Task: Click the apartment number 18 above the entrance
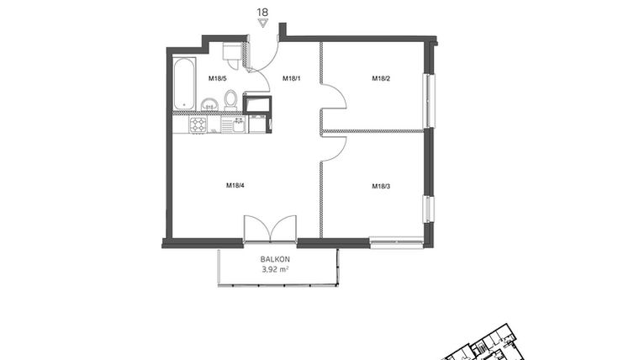[262, 12]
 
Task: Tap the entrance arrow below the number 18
[262, 24]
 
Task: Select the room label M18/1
[291, 79]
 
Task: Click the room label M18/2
[382, 79]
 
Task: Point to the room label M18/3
[381, 186]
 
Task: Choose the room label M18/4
[235, 186]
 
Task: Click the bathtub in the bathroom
[184, 84]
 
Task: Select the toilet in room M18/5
[230, 101]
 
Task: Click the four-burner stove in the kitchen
[198, 125]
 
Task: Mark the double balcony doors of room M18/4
[270, 229]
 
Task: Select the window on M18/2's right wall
[430, 101]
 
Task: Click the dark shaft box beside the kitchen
[257, 104]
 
